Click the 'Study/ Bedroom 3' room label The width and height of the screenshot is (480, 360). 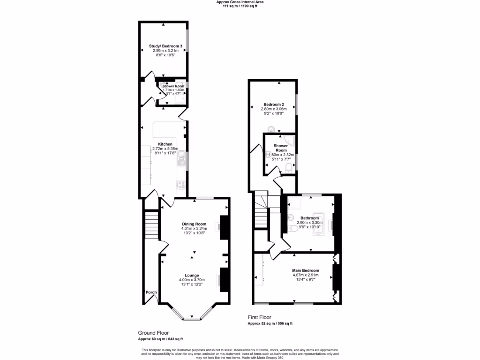(x=165, y=46)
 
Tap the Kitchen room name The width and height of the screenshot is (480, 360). (x=165, y=144)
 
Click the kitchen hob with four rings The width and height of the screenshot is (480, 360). (x=180, y=185)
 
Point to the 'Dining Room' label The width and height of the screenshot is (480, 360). (x=194, y=224)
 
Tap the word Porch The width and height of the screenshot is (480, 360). (x=151, y=292)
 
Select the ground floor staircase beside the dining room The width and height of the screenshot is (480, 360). (x=151, y=225)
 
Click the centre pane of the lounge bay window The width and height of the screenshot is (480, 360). (x=191, y=319)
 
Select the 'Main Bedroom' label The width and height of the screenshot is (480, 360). (x=306, y=270)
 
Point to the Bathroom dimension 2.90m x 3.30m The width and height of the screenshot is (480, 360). (x=310, y=223)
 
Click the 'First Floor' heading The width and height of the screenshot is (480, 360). (x=259, y=317)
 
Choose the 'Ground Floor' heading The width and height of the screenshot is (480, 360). (x=153, y=333)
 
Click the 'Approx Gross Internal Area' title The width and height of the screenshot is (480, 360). (x=240, y=2)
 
